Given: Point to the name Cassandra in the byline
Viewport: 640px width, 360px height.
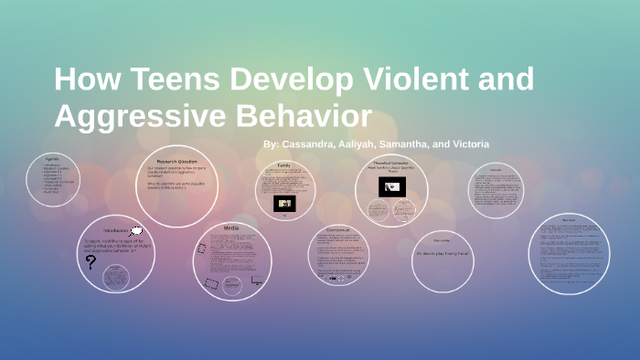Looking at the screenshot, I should [310, 144].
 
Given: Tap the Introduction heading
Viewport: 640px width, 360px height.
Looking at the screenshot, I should [117, 232].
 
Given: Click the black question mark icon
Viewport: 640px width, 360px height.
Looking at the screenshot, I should [91, 262].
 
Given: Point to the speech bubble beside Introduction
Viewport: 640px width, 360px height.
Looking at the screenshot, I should [136, 230].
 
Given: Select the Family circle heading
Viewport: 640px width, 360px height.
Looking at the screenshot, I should [284, 165].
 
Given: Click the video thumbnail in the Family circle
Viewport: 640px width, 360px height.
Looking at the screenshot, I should [284, 203].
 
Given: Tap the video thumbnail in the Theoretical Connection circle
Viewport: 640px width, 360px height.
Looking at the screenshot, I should [392, 187].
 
